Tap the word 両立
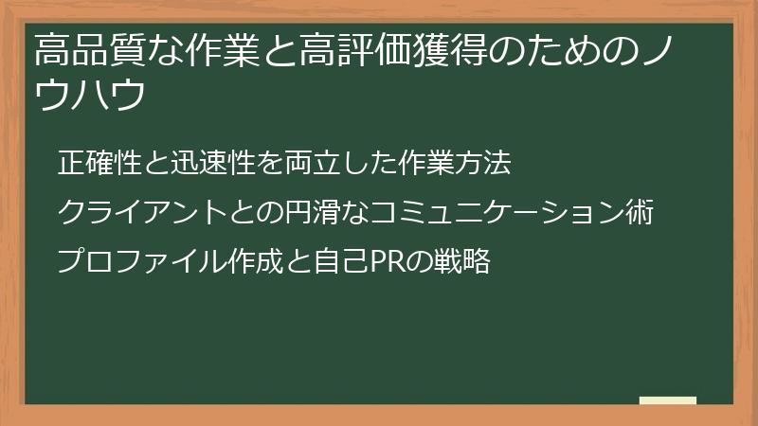click(x=316, y=164)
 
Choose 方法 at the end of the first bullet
click(x=484, y=164)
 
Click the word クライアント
click(x=140, y=212)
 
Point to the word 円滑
click(x=305, y=212)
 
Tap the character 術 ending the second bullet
click(x=641, y=212)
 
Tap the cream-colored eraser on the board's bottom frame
click(x=668, y=401)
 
